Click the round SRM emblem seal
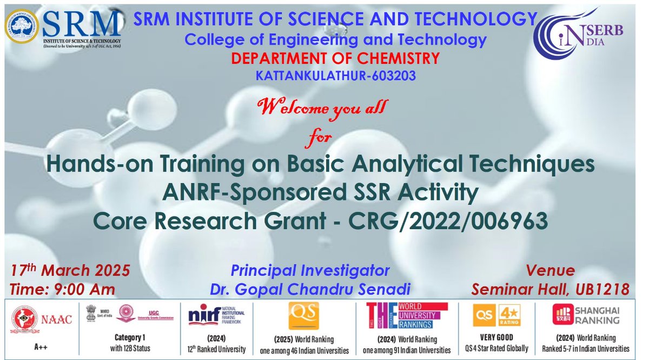[x=22, y=26]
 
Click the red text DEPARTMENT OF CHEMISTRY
[x=335, y=58]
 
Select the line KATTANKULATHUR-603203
[x=336, y=76]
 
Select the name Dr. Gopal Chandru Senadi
[x=310, y=289]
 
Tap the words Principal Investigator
[x=310, y=270]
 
